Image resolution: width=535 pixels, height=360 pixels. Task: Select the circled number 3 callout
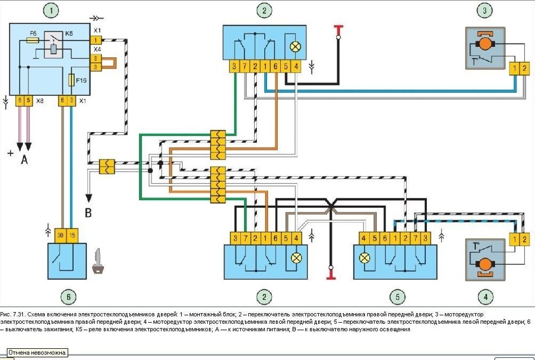point(485,11)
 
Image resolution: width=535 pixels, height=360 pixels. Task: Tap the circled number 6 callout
point(67,296)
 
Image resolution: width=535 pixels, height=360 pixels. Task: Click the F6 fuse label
point(33,34)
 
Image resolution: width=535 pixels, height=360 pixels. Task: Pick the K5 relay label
point(69,33)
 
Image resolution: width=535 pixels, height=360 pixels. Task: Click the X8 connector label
point(40,101)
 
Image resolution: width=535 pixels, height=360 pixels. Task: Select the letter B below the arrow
point(88,212)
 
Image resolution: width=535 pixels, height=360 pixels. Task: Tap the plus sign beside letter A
point(9,153)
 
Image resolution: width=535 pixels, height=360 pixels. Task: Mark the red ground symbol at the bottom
point(330,275)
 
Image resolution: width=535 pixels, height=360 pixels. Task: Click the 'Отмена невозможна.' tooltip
point(37,353)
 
